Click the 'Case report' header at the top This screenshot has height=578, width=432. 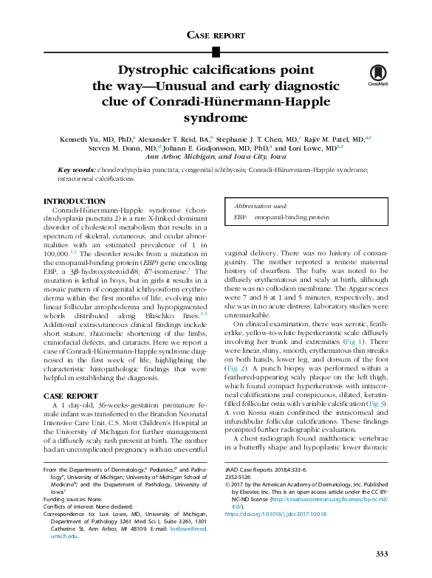coord(216,35)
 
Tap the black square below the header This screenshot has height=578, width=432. coord(216,51)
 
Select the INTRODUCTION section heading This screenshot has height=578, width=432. coord(74,202)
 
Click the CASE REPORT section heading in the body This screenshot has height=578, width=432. coord(71,396)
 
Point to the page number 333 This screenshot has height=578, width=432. coord(381,554)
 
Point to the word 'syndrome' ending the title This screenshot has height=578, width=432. coord(216,117)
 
